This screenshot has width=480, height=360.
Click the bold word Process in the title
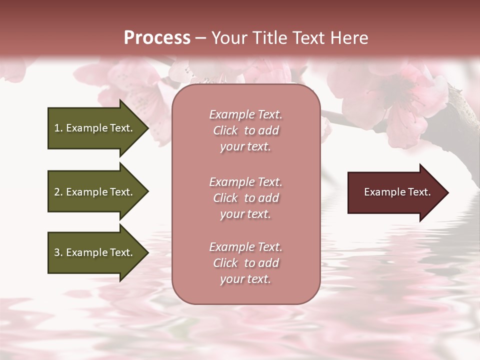pos(157,38)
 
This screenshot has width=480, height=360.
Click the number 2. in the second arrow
pos(58,192)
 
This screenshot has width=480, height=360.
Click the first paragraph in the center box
pos(245,130)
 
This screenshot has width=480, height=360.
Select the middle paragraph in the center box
pos(245,198)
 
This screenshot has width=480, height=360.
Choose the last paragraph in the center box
pos(245,263)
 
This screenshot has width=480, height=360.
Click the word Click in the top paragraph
pos(225,130)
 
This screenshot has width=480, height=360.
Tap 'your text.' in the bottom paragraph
pos(245,279)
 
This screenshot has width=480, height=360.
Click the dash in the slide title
pos(200,38)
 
